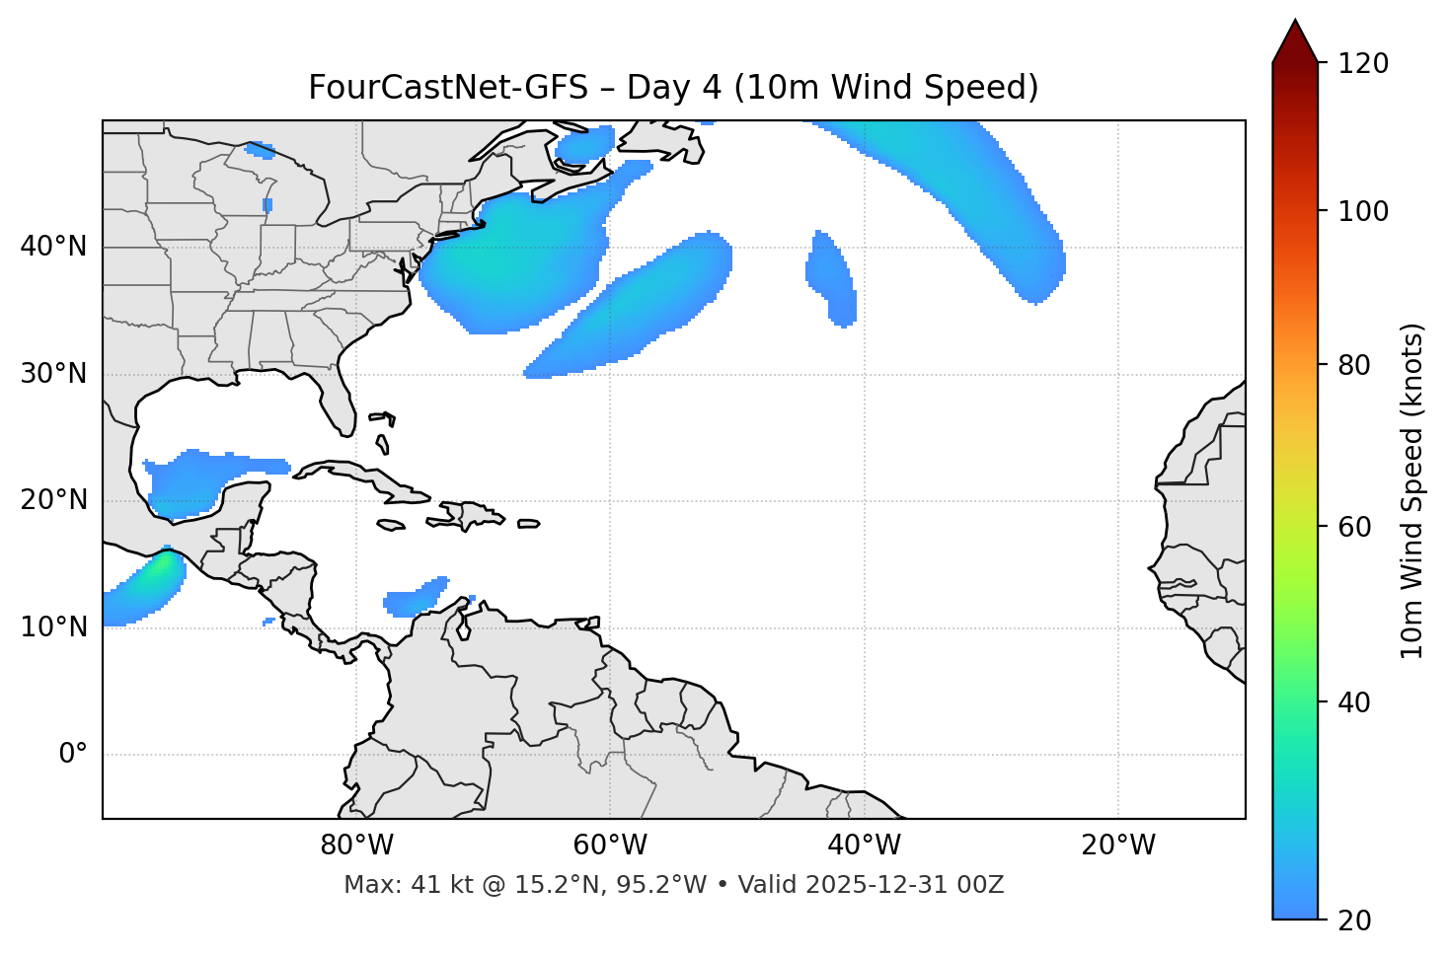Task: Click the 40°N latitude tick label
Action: [53, 247]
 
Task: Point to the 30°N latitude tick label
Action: [53, 374]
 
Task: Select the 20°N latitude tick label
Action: [53, 500]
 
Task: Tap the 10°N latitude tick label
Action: [53, 627]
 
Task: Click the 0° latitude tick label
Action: [73, 755]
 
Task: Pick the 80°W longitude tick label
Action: [356, 846]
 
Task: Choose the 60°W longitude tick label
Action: [610, 846]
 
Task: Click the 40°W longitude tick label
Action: [864, 846]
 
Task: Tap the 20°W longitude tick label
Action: [1118, 846]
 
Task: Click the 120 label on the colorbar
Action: [1363, 64]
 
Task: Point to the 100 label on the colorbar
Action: [1363, 211]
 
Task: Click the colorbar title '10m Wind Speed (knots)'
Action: [1412, 490]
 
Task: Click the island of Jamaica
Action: [391, 525]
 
